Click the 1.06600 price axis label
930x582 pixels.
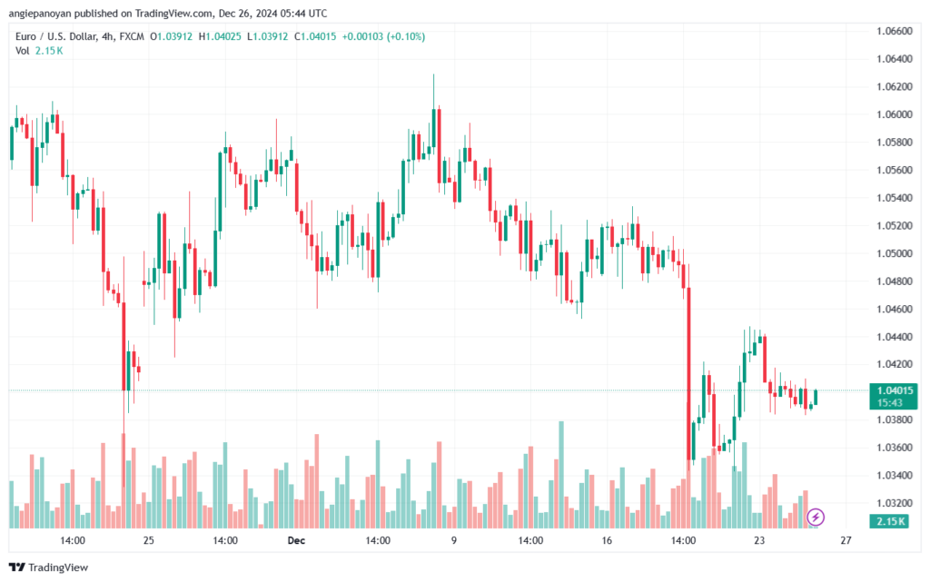(x=893, y=31)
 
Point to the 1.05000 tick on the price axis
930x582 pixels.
(x=893, y=253)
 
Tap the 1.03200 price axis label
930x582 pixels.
(x=893, y=502)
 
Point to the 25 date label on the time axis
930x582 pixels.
(x=149, y=540)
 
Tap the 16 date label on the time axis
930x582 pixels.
(x=607, y=540)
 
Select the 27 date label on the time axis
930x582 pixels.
(x=846, y=540)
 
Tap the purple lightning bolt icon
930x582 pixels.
(x=816, y=517)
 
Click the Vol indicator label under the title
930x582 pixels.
(x=22, y=50)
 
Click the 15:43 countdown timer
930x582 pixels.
(x=889, y=401)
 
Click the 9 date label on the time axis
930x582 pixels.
(x=453, y=540)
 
